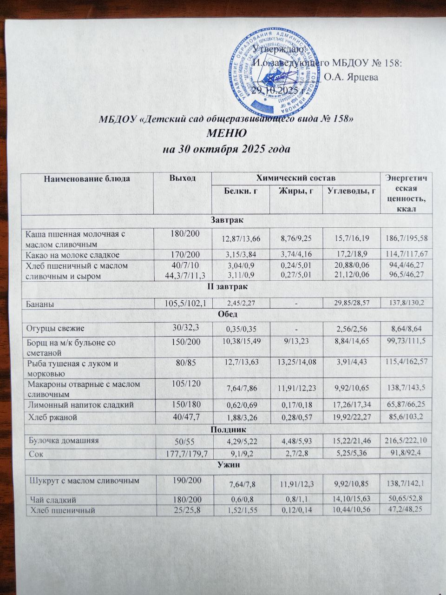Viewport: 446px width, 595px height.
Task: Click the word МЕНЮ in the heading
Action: (x=226, y=134)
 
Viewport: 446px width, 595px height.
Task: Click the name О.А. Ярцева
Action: (x=351, y=77)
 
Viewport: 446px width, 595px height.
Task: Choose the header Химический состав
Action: (x=295, y=178)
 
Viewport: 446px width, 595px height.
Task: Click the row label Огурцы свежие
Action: (x=54, y=328)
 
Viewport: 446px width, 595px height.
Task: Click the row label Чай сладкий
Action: (x=50, y=500)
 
